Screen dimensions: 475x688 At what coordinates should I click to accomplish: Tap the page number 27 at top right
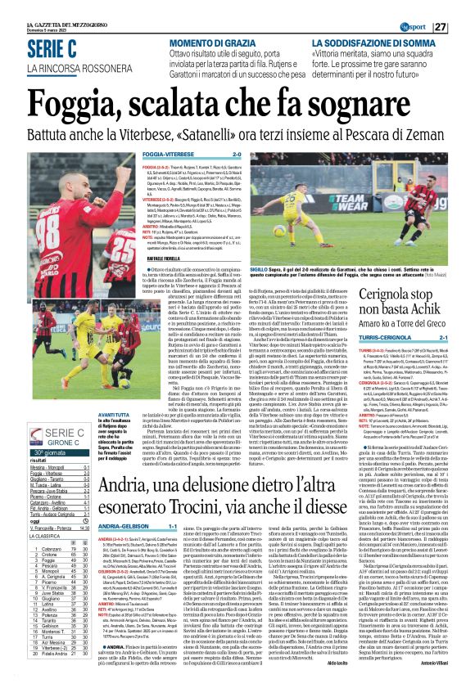(x=463, y=27)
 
